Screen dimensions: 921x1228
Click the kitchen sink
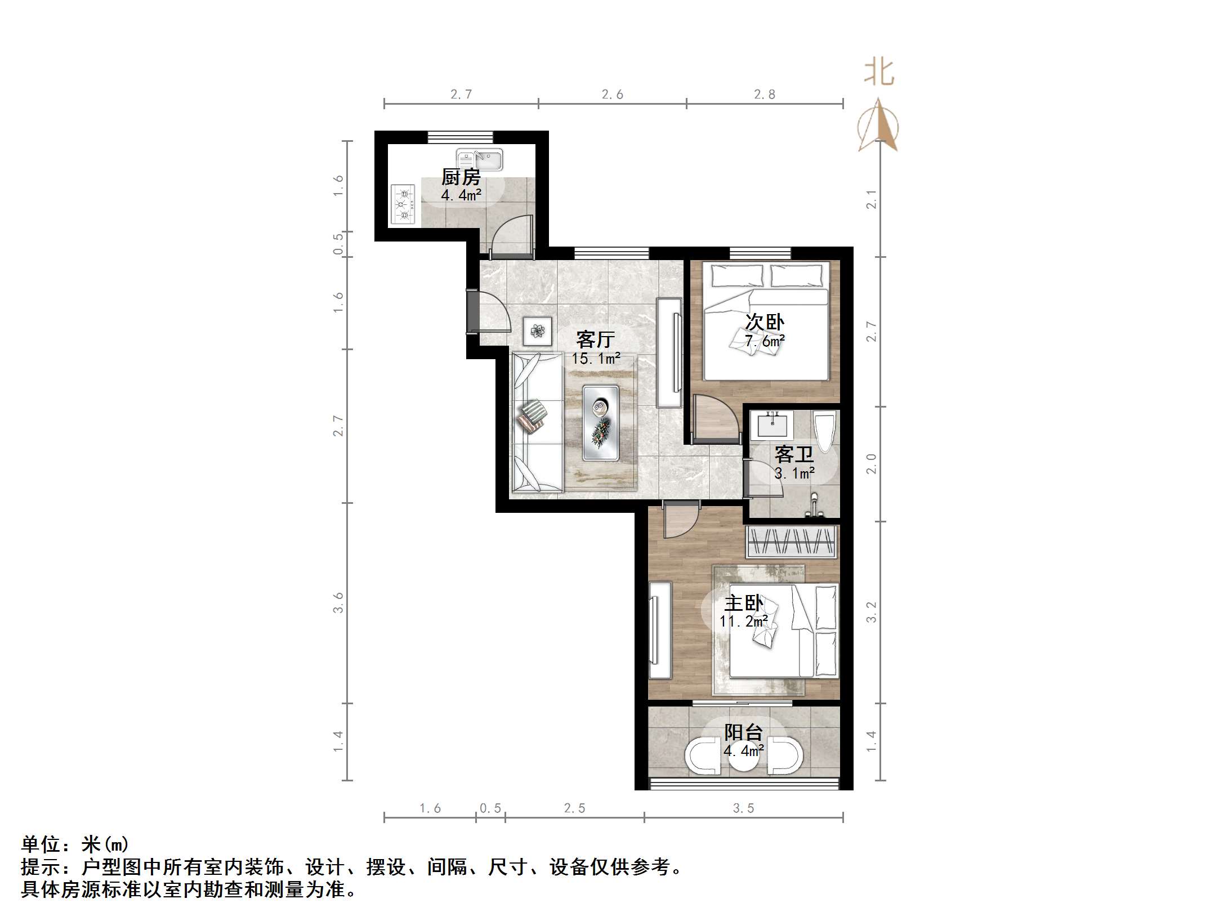(479, 159)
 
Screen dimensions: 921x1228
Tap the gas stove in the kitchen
(403, 205)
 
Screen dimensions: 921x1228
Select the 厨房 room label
(461, 177)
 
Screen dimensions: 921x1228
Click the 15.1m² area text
(596, 358)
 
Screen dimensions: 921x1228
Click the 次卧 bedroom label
(764, 323)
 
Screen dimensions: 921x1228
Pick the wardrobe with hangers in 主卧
(792, 542)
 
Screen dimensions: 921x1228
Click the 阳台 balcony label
(743, 732)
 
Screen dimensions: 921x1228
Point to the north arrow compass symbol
(878, 127)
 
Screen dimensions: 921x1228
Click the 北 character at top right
(879, 74)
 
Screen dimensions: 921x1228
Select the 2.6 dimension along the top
(612, 95)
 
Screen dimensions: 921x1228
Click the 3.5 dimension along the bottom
(743, 808)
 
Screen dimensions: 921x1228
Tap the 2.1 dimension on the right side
(871, 199)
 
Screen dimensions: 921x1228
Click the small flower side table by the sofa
(538, 331)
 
